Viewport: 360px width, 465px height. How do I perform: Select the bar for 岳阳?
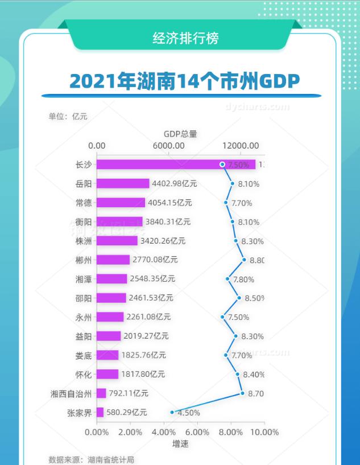122,184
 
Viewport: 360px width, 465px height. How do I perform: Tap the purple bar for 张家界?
100,413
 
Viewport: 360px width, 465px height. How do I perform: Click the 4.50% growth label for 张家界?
189,413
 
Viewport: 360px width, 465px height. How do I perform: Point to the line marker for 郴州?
244,260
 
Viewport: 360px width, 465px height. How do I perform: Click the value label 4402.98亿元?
174,184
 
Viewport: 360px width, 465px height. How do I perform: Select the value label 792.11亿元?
129,393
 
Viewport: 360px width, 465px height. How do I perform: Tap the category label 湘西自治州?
71,393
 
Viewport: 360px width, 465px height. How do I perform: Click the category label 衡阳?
83,222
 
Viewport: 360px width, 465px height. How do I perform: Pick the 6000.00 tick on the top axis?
168,146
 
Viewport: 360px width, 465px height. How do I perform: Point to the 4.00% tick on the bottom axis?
164,432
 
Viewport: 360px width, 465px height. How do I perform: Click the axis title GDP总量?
180,134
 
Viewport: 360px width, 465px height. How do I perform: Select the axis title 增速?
180,443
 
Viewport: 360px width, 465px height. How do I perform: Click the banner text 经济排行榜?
185,38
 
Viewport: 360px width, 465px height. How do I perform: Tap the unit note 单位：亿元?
68,117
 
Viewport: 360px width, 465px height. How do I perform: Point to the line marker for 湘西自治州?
242,393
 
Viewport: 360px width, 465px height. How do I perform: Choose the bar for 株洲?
117,241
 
